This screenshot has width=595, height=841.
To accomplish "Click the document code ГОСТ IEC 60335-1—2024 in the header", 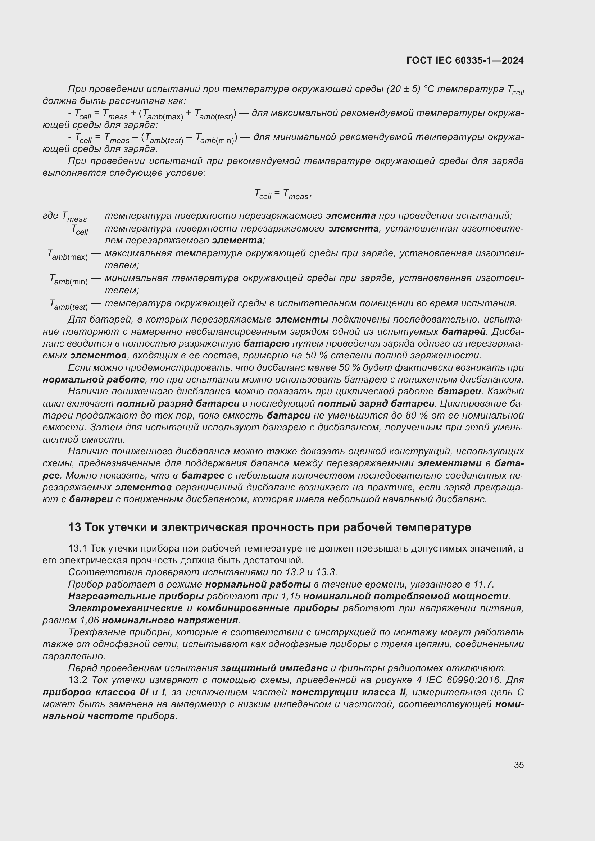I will tap(464, 60).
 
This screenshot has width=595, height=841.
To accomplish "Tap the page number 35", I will tap(518, 765).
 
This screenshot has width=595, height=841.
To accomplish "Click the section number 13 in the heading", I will tap(74, 527).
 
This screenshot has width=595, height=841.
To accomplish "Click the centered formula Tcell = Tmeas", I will tap(282, 194).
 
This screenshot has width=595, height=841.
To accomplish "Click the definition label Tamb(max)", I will tap(67, 255).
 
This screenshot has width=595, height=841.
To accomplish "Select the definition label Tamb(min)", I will tap(68, 280).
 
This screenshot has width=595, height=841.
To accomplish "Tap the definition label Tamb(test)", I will tap(68, 305).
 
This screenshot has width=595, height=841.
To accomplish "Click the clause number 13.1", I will tap(77, 548).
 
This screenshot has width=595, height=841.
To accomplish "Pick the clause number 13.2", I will tap(77, 680).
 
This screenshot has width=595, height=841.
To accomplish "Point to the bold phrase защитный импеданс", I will tap(274, 668).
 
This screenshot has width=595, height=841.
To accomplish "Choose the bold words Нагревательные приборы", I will tap(136, 596).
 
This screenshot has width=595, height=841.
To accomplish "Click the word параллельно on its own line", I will tap(74, 656).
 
